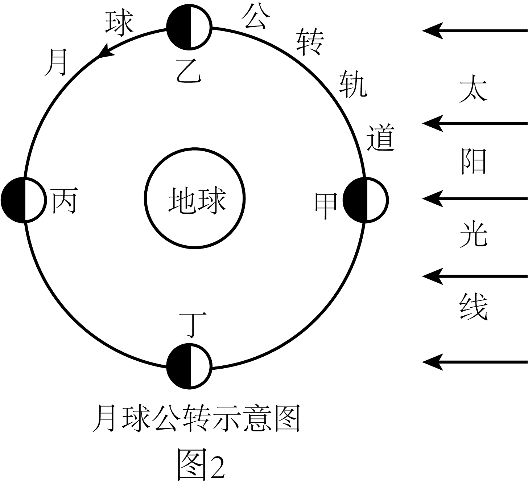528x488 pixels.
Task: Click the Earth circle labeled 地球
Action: click(195, 198)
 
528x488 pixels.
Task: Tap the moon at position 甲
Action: click(366, 199)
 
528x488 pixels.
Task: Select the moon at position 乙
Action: click(189, 26)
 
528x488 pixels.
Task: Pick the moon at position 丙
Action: click(23, 200)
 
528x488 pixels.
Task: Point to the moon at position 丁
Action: click(189, 366)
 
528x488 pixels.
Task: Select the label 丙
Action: click(64, 201)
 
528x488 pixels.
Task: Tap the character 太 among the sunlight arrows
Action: click(473, 88)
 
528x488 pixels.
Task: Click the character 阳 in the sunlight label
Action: click(473, 161)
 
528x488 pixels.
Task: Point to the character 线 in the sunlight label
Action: click(473, 307)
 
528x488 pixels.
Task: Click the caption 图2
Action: click(201, 464)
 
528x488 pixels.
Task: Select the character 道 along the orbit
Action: click(380, 138)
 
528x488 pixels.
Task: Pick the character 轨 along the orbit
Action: click(353, 85)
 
